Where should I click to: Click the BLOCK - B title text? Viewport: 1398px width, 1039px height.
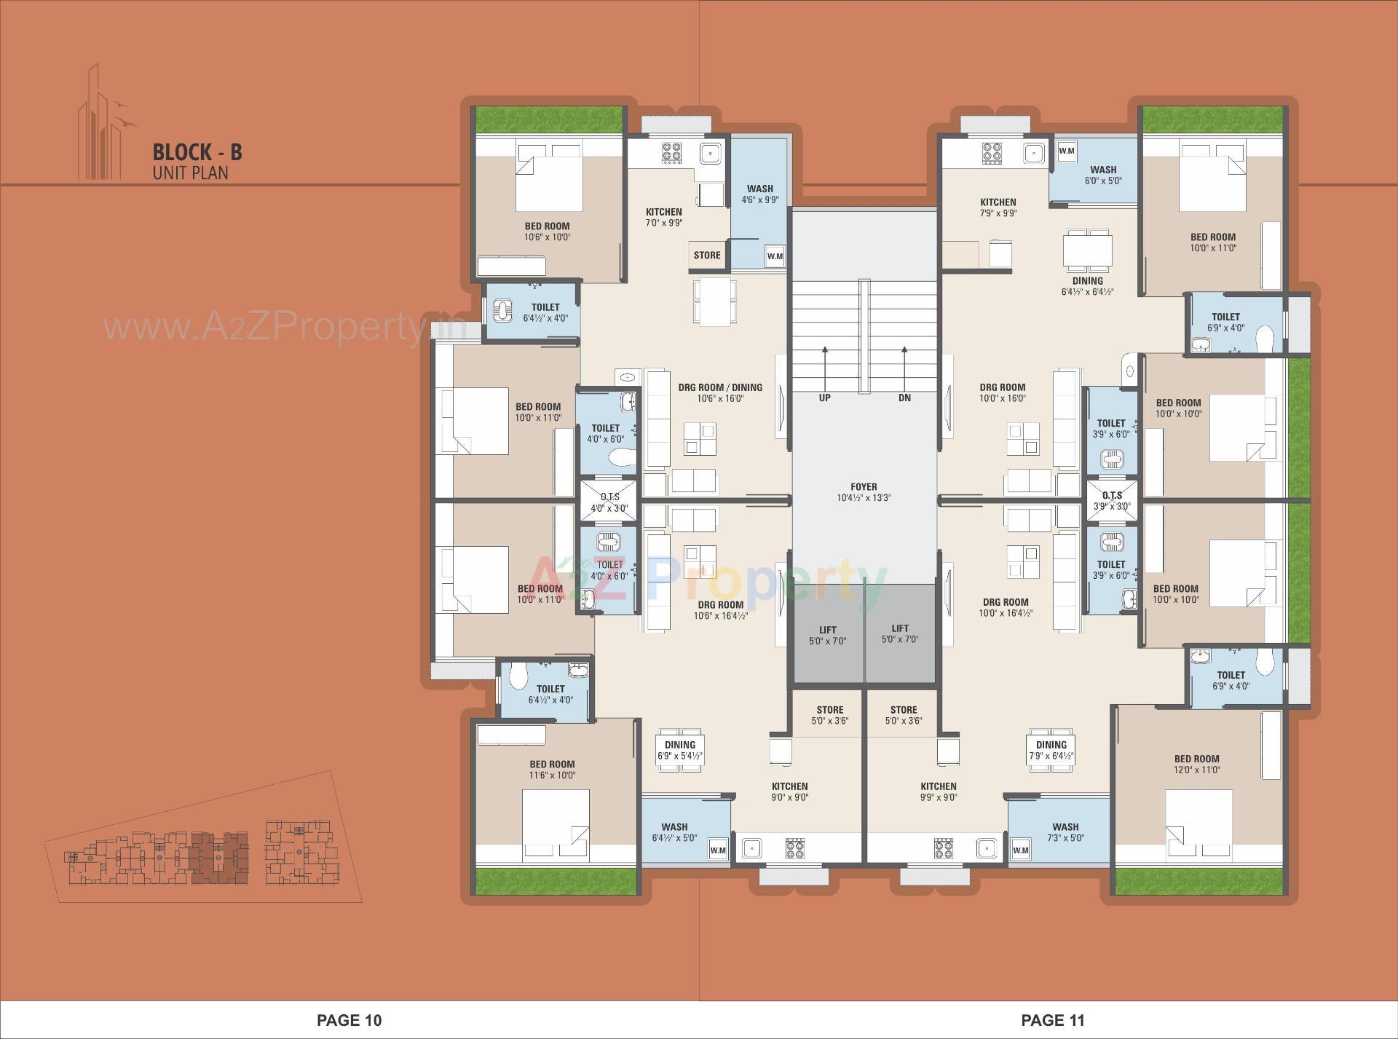(x=197, y=152)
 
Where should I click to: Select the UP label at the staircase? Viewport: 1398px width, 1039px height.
(x=824, y=398)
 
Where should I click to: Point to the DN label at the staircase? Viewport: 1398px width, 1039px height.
(x=904, y=398)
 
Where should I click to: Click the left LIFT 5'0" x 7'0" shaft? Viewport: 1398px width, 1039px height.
(x=827, y=635)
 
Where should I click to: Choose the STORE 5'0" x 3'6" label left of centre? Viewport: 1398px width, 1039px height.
(x=829, y=715)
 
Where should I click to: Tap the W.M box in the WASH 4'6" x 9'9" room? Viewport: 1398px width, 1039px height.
(x=774, y=256)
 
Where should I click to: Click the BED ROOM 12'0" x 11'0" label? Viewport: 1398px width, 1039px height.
(x=1196, y=764)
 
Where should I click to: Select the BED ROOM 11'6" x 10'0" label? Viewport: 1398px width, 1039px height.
(x=552, y=770)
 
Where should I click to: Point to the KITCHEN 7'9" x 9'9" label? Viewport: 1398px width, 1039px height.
(x=998, y=208)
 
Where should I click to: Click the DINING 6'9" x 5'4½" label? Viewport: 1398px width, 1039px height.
(x=679, y=750)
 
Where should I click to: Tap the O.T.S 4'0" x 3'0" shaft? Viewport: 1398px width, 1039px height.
(x=609, y=502)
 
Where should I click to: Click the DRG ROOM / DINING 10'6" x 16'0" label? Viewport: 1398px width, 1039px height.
(x=719, y=392)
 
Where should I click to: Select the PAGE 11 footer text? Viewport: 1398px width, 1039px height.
(x=1052, y=1020)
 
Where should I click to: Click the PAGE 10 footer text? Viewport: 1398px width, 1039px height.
(x=349, y=1020)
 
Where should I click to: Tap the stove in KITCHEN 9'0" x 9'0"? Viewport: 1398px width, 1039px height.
(x=794, y=848)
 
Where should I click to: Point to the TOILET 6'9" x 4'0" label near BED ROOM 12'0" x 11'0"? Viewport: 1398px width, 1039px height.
(x=1231, y=680)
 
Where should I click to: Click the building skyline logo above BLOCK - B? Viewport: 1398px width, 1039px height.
(x=102, y=124)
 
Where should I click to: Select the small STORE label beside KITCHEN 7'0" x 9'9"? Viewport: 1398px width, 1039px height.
(x=706, y=256)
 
